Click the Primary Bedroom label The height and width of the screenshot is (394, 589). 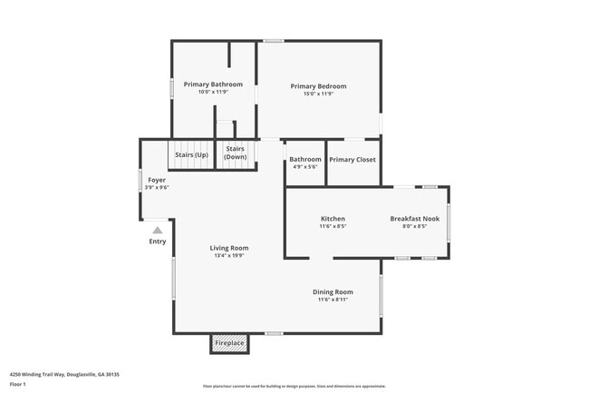click(318, 86)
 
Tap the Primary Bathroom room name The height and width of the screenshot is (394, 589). click(213, 84)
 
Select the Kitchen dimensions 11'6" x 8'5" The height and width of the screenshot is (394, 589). click(333, 227)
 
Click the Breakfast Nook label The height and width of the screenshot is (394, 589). click(414, 219)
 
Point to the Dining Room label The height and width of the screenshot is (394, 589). click(333, 291)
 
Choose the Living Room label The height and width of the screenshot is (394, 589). click(229, 248)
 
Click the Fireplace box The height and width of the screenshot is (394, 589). click(229, 344)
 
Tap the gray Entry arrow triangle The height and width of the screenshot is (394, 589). click(158, 231)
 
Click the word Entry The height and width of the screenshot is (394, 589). click(158, 241)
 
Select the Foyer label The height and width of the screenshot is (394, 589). click(157, 180)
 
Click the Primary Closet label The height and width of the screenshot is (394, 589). click(352, 160)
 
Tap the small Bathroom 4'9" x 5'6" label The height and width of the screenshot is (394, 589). click(305, 163)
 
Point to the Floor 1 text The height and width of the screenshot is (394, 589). click(18, 384)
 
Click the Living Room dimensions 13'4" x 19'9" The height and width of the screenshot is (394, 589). click(229, 256)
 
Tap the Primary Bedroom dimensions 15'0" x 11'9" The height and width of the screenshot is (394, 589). click(318, 94)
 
